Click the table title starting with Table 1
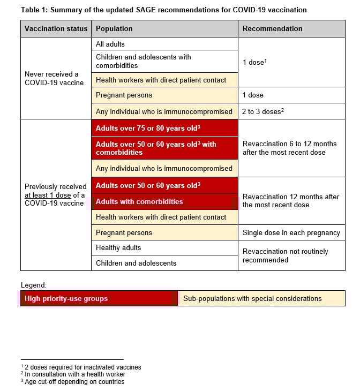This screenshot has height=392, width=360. point(164,10)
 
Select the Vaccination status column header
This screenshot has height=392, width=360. point(56,29)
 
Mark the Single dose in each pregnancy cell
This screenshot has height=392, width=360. point(291,232)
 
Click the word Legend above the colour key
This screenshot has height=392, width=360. point(33,285)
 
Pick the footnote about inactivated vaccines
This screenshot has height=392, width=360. point(82,367)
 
